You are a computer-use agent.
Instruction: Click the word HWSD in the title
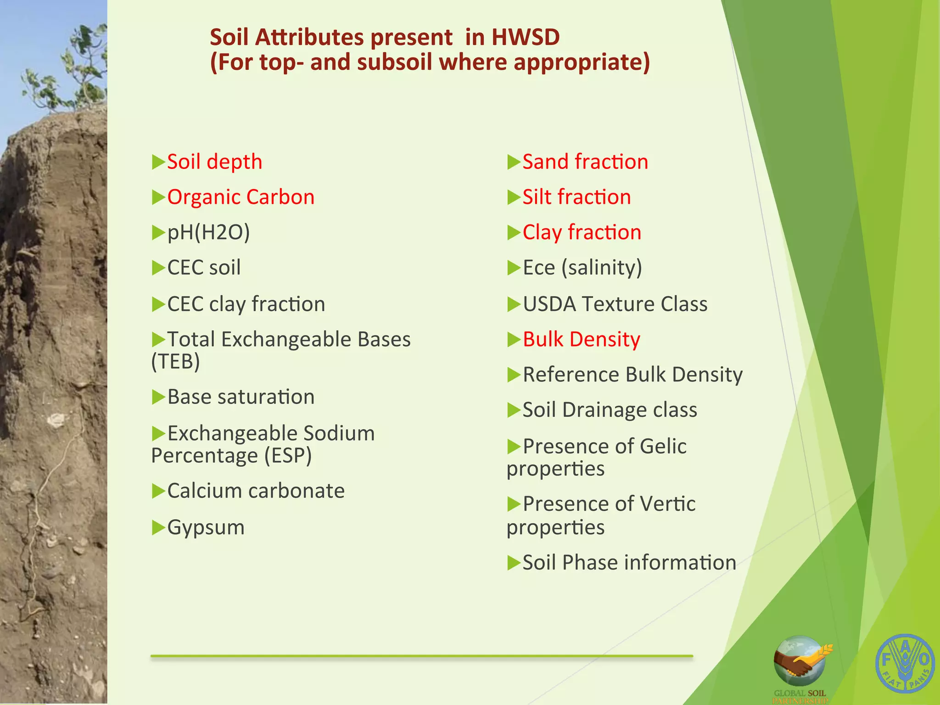[x=526, y=38]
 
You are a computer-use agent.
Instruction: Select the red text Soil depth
[x=214, y=162]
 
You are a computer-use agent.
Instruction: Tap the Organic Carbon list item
[x=241, y=197]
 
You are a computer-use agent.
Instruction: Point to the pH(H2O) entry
[x=208, y=233]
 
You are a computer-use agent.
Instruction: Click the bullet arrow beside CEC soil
[x=158, y=268]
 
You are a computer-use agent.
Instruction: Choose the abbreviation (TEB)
[x=176, y=362]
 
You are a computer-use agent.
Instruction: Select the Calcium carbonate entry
[x=256, y=491]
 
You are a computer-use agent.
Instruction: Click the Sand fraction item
[x=585, y=162]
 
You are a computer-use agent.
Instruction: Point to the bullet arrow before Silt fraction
[x=513, y=197]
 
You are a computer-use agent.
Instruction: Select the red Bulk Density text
[x=581, y=340]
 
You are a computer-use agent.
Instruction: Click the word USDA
[x=549, y=304]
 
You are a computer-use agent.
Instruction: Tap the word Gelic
[x=663, y=446]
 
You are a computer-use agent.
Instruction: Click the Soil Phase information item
[x=629, y=563]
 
